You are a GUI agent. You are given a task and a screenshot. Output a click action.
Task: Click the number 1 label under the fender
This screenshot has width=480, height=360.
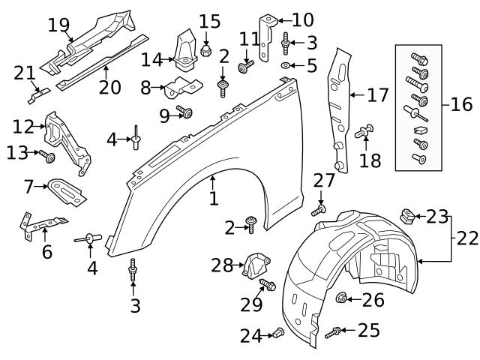(x=214, y=199)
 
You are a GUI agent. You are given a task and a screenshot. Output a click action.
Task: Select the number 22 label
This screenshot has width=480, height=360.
(x=466, y=238)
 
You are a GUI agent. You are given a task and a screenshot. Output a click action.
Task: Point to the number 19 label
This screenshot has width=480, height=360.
(x=58, y=25)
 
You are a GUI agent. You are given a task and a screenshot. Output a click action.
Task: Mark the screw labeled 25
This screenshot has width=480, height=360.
(x=337, y=331)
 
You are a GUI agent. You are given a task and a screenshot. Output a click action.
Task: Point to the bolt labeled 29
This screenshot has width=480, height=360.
(x=267, y=286)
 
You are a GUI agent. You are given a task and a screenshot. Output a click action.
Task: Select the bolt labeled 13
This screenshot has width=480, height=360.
(x=47, y=157)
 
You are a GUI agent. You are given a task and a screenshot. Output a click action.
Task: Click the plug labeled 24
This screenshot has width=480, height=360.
(x=277, y=333)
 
